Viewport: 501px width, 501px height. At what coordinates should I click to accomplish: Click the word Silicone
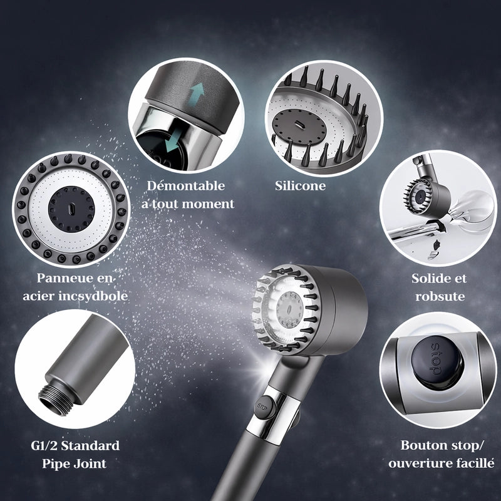[x=301, y=185]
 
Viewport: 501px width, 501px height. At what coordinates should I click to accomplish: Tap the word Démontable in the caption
[x=186, y=185]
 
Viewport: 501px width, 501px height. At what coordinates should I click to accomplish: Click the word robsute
[x=440, y=296]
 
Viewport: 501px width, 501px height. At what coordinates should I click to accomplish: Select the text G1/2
[x=44, y=445]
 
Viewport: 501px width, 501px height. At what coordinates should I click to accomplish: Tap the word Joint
[x=90, y=463]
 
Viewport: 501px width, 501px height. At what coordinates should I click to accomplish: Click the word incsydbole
[x=93, y=296]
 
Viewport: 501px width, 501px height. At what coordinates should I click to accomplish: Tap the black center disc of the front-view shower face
[x=71, y=209]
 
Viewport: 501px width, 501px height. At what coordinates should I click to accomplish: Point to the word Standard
[x=90, y=445]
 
